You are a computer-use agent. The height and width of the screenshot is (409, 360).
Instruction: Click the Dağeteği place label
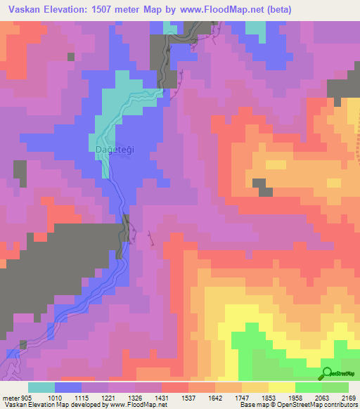(x=110, y=149)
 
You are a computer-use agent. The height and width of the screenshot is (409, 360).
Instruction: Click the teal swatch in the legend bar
(x=41, y=387)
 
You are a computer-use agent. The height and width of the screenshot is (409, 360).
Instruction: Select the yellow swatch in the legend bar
(x=282, y=387)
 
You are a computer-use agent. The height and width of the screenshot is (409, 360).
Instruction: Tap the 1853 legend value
(x=278, y=396)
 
